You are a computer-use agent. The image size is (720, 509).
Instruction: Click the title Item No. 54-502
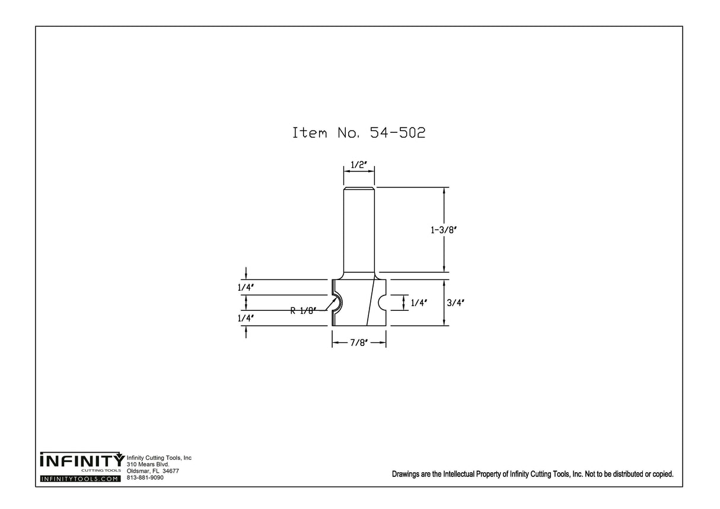pyautogui.click(x=359, y=132)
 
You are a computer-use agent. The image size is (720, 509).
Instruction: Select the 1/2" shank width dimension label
pyautogui.click(x=359, y=166)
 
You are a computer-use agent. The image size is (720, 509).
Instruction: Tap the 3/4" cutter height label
pyautogui.click(x=455, y=303)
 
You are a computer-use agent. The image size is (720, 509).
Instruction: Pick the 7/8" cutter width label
pyautogui.click(x=359, y=343)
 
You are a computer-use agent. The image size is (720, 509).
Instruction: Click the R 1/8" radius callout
pyautogui.click(x=304, y=309)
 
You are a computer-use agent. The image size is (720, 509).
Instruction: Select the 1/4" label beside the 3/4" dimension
pyautogui.click(x=419, y=303)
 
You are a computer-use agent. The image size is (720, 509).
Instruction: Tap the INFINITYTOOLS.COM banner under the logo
pyautogui.click(x=80, y=478)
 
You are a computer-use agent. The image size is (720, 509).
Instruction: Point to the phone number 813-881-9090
pyautogui.click(x=145, y=478)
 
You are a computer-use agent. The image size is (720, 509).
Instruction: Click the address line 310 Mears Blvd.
pyautogui.click(x=148, y=465)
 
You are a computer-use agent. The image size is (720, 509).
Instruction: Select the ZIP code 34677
pyautogui.click(x=171, y=471)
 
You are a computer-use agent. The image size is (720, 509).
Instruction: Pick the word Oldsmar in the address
pyautogui.click(x=139, y=471)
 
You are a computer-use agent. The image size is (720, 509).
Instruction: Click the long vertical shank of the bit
pyautogui.click(x=359, y=231)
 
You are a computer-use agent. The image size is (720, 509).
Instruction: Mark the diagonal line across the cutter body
pyautogui.click(x=371, y=303)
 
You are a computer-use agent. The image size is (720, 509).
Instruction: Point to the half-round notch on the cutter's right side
pyautogui.click(x=383, y=303)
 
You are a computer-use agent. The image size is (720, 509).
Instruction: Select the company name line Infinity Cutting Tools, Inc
pyautogui.click(x=160, y=458)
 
